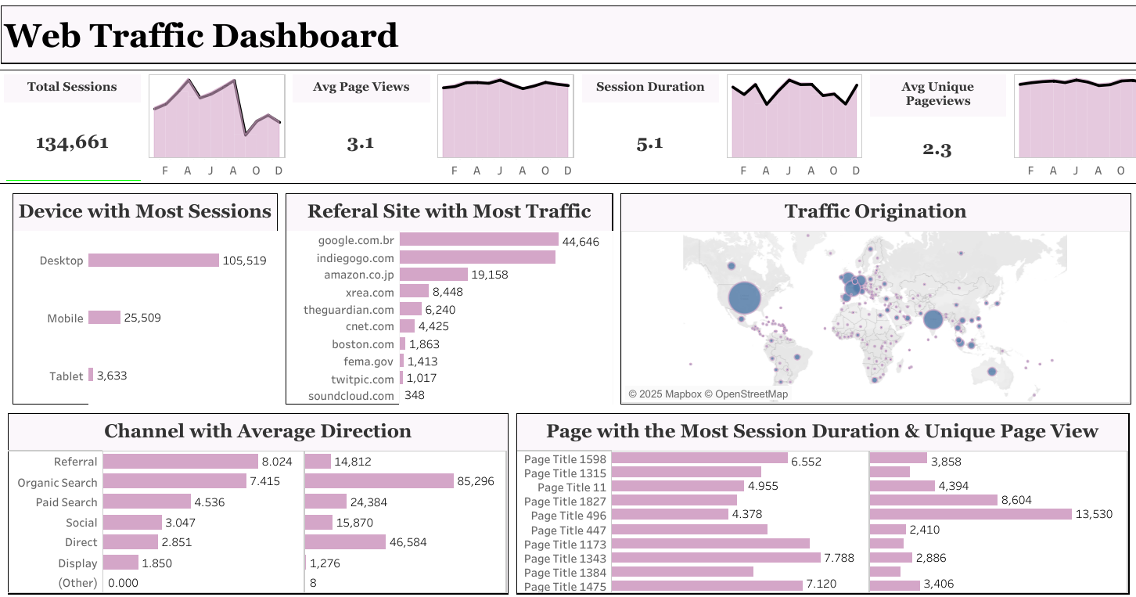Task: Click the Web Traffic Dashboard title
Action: click(x=202, y=36)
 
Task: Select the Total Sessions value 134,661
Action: click(x=72, y=142)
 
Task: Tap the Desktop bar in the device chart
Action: click(x=153, y=260)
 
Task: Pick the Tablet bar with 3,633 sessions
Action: click(x=91, y=375)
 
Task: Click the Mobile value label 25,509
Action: click(x=142, y=318)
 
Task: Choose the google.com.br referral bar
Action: click(x=479, y=240)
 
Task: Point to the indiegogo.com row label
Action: click(x=355, y=257)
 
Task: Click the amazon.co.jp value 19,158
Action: click(x=490, y=275)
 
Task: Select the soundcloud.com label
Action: click(x=351, y=396)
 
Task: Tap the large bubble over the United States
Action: click(x=745, y=298)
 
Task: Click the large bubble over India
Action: click(x=933, y=319)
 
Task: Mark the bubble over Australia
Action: click(x=991, y=372)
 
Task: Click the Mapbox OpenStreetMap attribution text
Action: click(x=708, y=394)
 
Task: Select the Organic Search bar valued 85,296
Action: click(x=379, y=481)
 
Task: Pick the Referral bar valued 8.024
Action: click(x=181, y=462)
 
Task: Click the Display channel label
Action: click(x=77, y=563)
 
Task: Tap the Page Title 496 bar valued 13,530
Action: click(x=970, y=514)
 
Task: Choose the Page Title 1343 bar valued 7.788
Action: click(x=716, y=558)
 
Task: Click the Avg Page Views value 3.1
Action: click(x=361, y=143)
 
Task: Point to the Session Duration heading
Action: click(x=650, y=87)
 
